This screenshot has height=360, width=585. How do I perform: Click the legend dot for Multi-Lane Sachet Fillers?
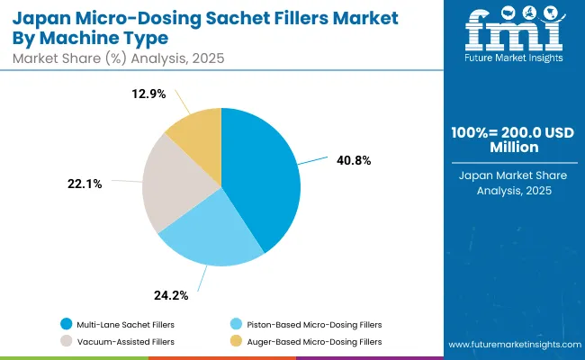66,323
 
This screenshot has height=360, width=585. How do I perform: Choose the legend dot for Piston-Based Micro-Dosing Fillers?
236,323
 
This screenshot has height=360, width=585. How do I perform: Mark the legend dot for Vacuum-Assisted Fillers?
66,342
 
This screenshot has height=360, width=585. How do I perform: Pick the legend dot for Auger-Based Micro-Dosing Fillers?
236,342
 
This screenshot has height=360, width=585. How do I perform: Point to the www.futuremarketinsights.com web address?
510,345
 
